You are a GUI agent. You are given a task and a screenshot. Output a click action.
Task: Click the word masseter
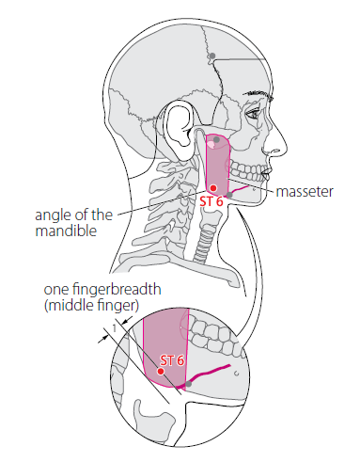pos(305,191)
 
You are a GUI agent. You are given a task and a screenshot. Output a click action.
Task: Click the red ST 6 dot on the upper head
pos(213,188)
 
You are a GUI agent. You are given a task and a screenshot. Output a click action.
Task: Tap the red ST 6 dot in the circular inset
pos(161,372)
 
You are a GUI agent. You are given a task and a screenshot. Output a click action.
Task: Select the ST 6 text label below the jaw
pos(211,201)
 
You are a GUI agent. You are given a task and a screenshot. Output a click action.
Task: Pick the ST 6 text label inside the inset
pos(172,360)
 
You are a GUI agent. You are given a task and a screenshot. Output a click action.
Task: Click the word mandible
pos(66,231)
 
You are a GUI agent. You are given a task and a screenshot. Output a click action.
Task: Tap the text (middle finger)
pos(91,305)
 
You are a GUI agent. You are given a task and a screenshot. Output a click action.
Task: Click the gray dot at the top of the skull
pos(212,56)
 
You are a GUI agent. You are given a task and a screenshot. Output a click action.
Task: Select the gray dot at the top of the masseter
pos(216,139)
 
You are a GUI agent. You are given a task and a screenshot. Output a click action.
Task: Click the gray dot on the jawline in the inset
pos(188,384)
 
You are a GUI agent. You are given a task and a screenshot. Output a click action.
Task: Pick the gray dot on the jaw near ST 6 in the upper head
pos(229,195)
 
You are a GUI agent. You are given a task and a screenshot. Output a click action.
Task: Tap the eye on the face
pos(253,114)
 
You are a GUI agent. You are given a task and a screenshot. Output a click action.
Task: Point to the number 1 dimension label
pos(114,328)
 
